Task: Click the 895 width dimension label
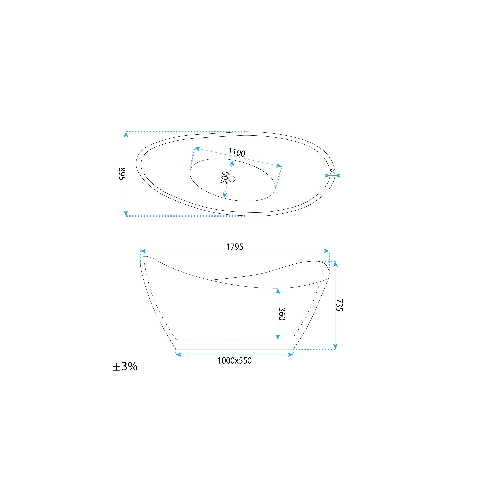pos(122,174)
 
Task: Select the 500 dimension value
pos(225,178)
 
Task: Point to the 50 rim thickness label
pos(332,172)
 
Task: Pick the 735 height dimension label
pos(339,305)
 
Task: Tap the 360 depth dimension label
pos(282,314)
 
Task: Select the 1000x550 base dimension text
pos(234,361)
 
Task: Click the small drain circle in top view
pos(232,179)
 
